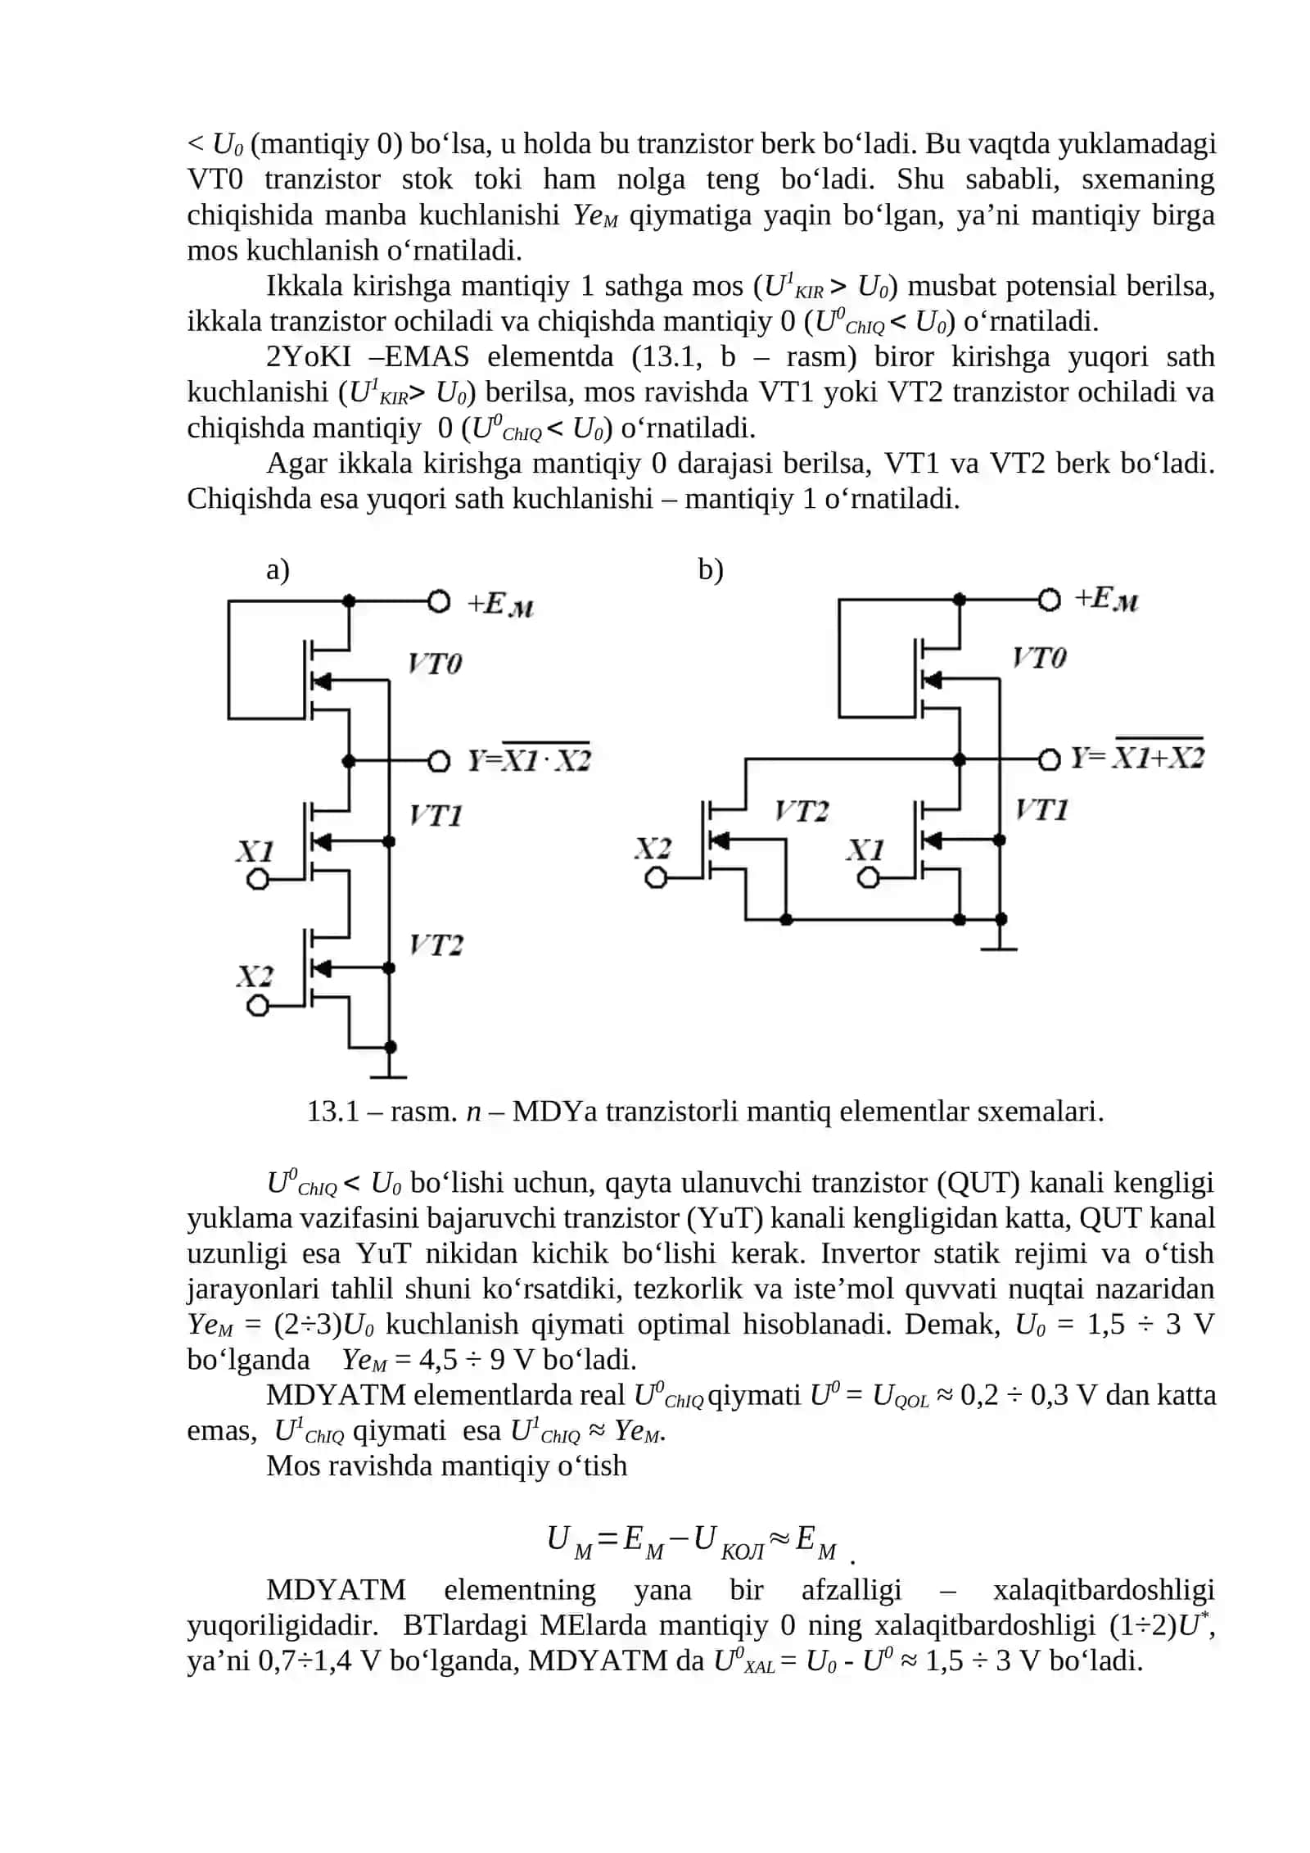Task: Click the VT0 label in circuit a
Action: (435, 663)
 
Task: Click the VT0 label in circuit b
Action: (1039, 658)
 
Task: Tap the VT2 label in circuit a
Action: (436, 945)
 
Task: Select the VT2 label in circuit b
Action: (802, 811)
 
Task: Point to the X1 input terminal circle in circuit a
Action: (258, 880)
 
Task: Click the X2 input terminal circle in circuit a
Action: (258, 1005)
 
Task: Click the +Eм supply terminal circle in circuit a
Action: (439, 602)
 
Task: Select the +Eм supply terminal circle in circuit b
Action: (1049, 600)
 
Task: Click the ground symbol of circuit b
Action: (1000, 942)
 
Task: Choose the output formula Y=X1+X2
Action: (1137, 755)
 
